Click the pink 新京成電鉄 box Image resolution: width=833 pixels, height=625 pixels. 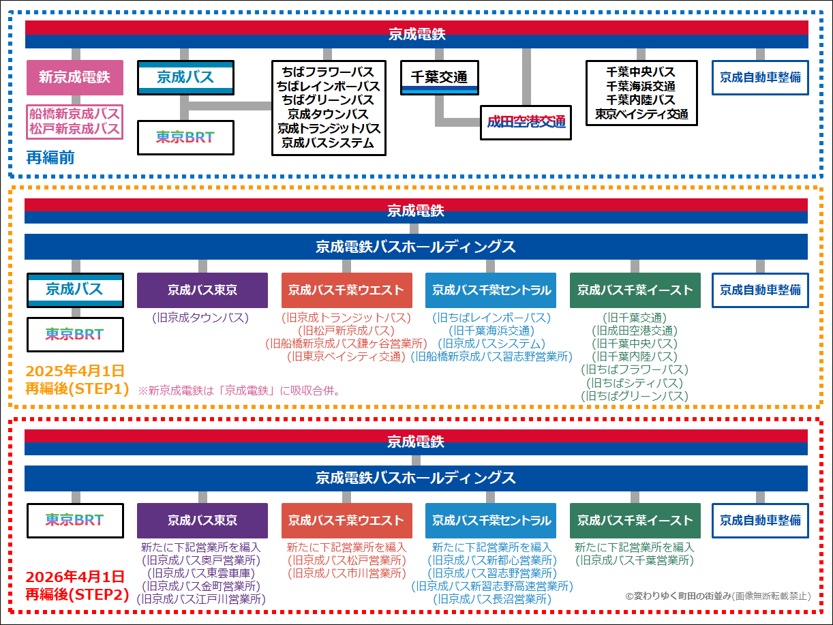pos(74,78)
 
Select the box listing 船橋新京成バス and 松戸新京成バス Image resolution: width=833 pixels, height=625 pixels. pos(74,121)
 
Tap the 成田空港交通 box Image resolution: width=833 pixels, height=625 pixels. pos(526,123)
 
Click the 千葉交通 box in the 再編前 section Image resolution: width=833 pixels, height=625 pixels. pos(438,78)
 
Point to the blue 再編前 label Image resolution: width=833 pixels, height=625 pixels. pos(50,158)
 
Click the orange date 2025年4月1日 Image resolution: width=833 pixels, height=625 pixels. pos(75,371)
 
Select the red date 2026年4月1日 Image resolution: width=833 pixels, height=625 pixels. pos(75,577)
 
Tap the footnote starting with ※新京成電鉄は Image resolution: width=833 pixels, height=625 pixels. pos(239,391)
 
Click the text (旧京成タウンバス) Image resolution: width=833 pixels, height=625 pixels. pos(201,318)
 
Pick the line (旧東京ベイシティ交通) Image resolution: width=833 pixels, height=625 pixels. pos(346,356)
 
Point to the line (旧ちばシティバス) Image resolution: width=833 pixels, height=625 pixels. pos(635,382)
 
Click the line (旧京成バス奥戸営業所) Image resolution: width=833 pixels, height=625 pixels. pos(201,560)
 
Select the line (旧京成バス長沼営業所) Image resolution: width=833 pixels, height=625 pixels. pos(491,599)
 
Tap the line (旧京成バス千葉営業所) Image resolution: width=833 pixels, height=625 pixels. pos(635,560)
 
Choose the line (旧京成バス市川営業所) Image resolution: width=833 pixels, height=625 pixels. pos(346,573)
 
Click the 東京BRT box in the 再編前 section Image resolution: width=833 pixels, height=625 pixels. pos(185,138)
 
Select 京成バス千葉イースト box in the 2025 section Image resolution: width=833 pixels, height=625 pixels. pos(635,290)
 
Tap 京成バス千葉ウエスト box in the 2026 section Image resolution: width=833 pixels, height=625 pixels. pos(346,521)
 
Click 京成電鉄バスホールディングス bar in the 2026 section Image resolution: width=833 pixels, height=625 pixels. pos(416,478)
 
